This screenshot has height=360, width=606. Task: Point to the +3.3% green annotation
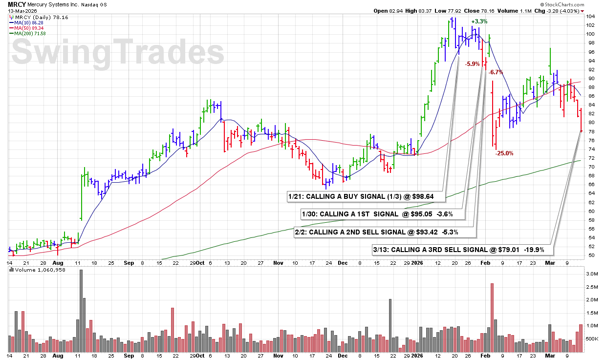(x=479, y=21)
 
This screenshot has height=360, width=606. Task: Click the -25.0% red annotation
(x=504, y=153)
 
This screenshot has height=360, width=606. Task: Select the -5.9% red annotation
(x=472, y=64)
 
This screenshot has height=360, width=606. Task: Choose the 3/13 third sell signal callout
(x=462, y=250)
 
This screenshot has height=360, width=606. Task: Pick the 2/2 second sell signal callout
(x=384, y=232)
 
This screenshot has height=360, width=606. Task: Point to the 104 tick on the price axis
(x=591, y=16)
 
